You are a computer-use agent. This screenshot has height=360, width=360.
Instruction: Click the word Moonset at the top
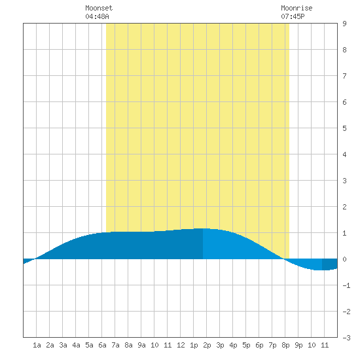[x=99, y=8]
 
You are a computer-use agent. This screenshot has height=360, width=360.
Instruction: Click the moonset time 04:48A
[x=97, y=16]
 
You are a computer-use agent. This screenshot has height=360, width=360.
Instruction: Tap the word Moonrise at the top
[x=297, y=8]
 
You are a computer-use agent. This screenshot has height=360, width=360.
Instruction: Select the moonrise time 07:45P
[x=293, y=16]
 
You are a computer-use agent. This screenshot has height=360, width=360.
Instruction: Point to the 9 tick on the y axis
[x=344, y=24]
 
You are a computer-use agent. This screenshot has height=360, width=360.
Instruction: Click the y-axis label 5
[x=344, y=128]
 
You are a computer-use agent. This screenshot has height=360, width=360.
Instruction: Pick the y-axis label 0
[x=344, y=259]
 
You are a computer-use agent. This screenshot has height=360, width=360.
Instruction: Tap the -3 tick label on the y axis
[x=346, y=338]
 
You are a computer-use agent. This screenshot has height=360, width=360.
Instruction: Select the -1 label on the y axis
[x=346, y=285]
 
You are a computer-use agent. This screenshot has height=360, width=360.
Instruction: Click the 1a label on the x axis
[x=37, y=345]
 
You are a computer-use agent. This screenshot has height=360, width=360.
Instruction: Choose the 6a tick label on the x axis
[x=102, y=345]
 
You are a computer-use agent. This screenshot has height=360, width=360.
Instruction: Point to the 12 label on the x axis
[x=181, y=345]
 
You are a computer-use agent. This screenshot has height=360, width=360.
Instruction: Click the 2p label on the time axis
[x=207, y=345]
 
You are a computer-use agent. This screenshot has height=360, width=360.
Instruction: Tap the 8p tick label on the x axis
[x=285, y=345]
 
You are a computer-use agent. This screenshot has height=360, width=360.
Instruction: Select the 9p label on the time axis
[x=298, y=345]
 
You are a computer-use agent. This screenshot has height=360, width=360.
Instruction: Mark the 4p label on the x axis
[x=233, y=345]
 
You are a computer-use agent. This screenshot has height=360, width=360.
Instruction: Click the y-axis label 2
[x=344, y=207]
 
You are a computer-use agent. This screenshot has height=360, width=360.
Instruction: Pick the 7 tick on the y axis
[x=344, y=76]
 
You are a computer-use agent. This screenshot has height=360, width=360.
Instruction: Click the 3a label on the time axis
[x=63, y=345]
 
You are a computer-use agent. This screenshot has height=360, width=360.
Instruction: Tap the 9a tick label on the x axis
[x=141, y=345]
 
